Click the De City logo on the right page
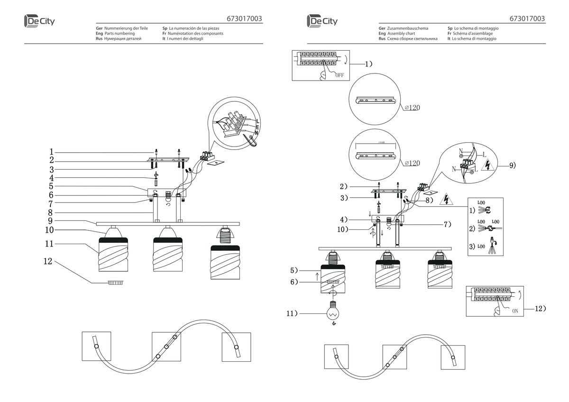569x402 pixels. pos(322,21)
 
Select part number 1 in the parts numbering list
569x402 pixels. pos(51,152)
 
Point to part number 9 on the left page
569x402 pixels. pos(50,221)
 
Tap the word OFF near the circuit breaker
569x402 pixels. pos(339,75)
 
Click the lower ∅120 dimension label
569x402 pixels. pos(413,164)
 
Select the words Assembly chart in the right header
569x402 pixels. pos(401,34)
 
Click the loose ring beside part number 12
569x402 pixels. pos(115,283)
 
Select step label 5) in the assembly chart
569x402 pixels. pos(294,271)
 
